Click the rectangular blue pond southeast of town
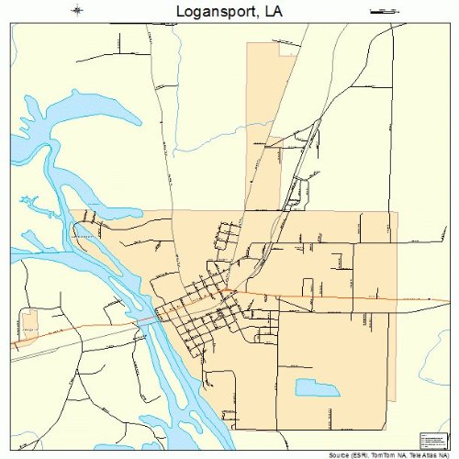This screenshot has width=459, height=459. pyautogui.click(x=317, y=388)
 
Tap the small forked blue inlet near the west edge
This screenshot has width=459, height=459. pyautogui.click(x=28, y=201)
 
